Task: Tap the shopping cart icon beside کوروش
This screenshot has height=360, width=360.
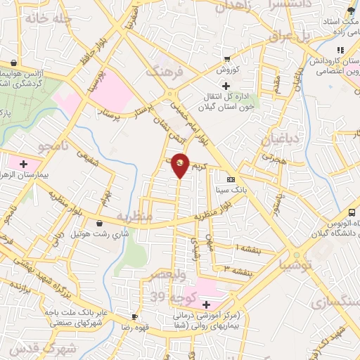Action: pyautogui.click(x=226, y=60)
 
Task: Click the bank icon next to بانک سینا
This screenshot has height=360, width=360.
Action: pyautogui.click(x=230, y=179)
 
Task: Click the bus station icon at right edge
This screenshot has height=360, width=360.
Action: pyautogui.click(x=352, y=213)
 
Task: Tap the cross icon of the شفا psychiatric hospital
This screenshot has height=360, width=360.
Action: pyautogui.click(x=206, y=304)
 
